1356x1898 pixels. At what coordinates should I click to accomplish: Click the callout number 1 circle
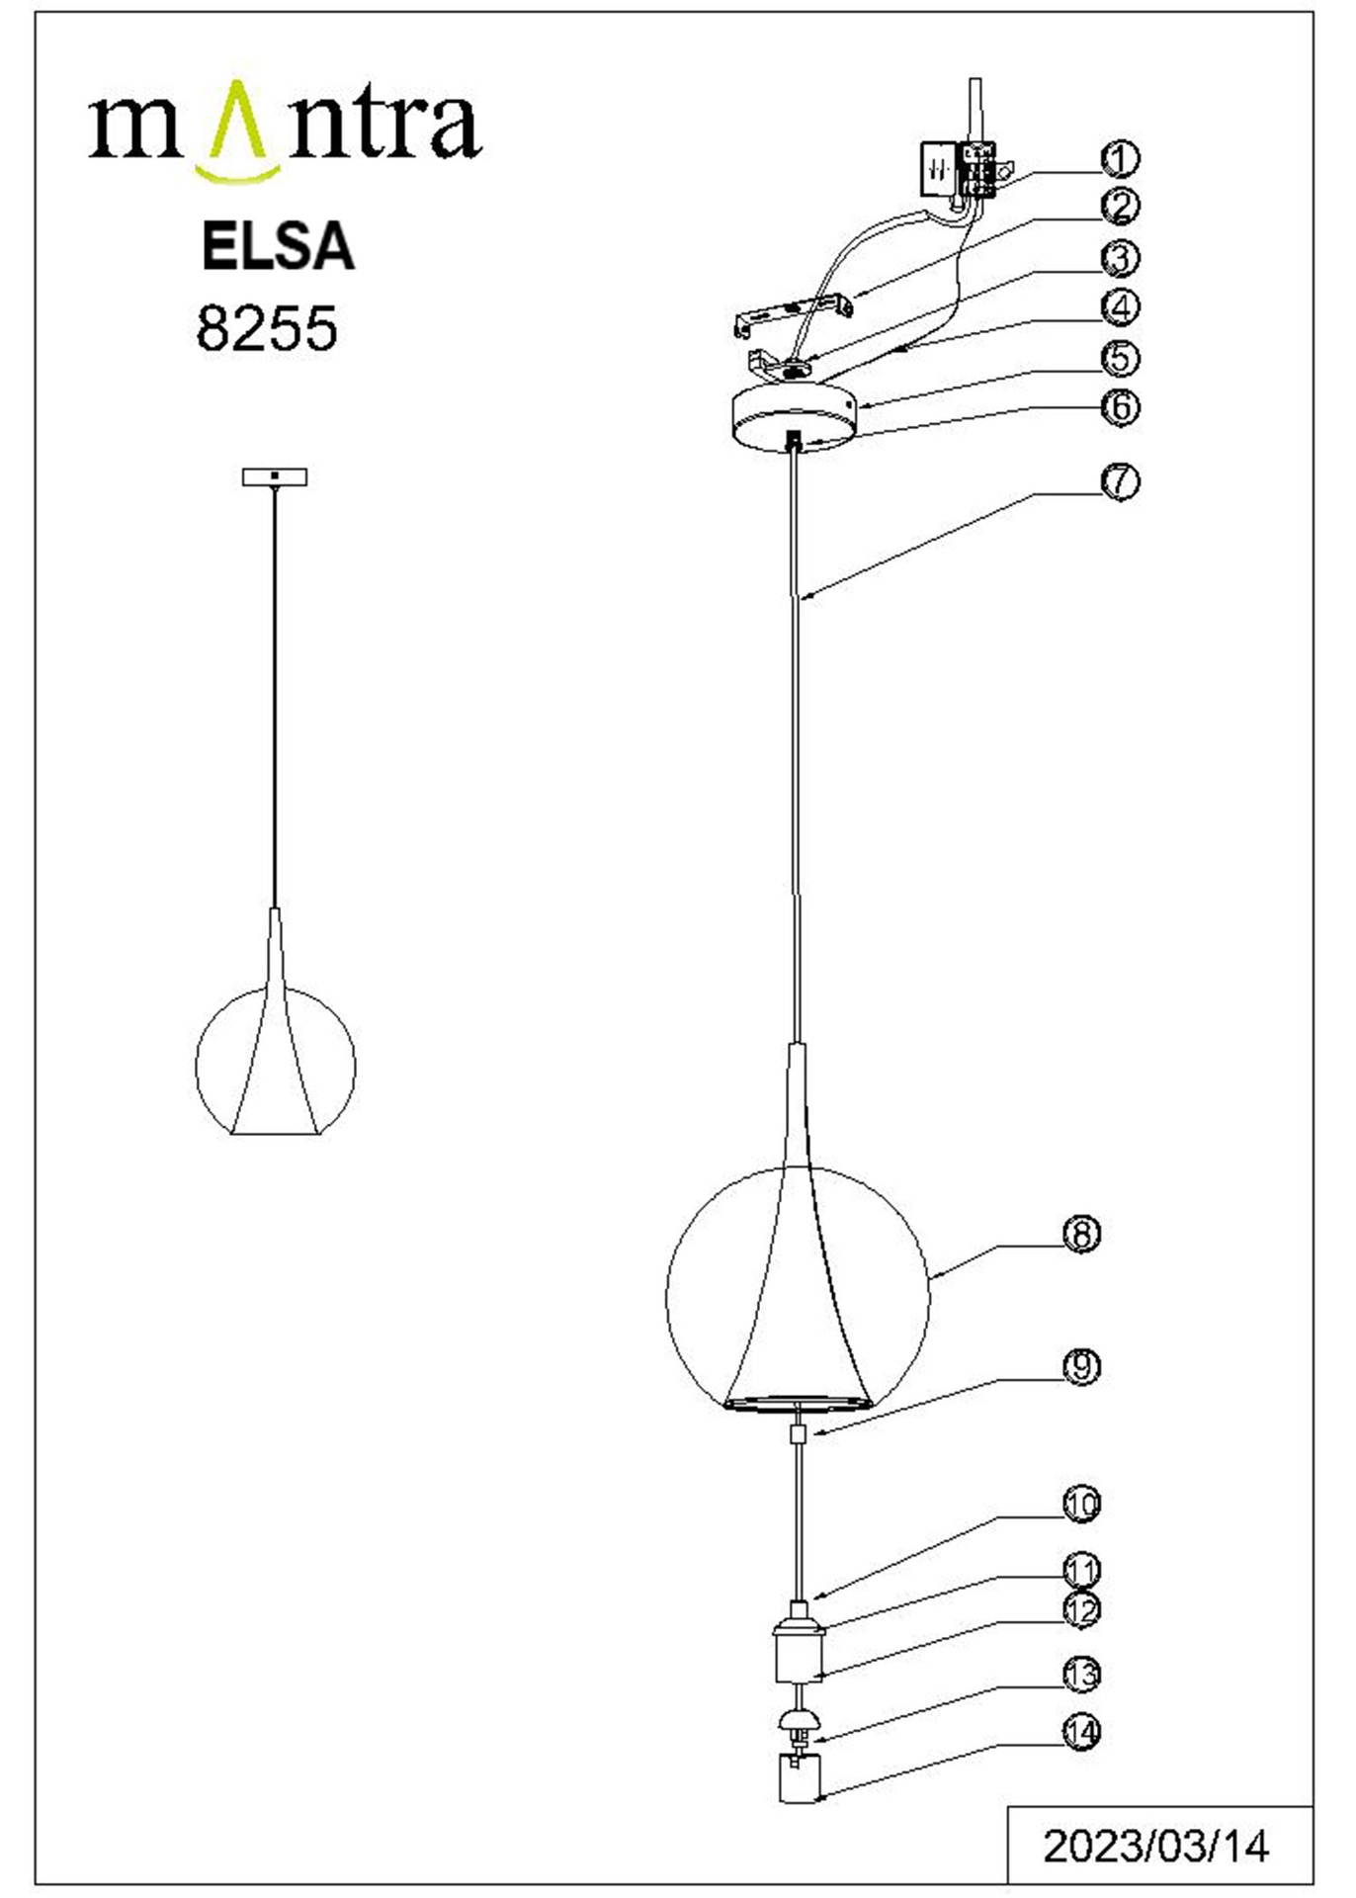pos(1120,159)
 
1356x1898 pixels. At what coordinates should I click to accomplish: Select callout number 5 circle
pos(1120,358)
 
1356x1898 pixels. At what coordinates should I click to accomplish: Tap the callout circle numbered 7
pos(1120,481)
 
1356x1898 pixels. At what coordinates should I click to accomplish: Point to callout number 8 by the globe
pos(1081,1234)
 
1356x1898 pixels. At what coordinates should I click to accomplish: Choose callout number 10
pos(1081,1504)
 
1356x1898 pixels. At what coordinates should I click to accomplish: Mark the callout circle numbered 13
pos(1081,1675)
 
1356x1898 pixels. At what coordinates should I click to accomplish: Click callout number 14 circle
pos(1081,1732)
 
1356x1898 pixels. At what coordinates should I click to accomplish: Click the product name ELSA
pos(278,246)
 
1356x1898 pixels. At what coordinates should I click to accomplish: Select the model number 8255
pos(267,328)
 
